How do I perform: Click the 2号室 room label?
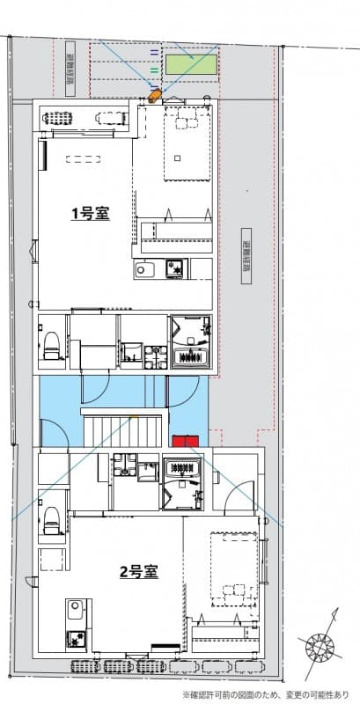(138, 571)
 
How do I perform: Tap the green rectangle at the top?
(192, 63)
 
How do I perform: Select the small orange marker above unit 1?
(155, 95)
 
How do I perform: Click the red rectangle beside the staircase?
(186, 442)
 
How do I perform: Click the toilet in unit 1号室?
(51, 344)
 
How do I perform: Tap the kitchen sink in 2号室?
(76, 610)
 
